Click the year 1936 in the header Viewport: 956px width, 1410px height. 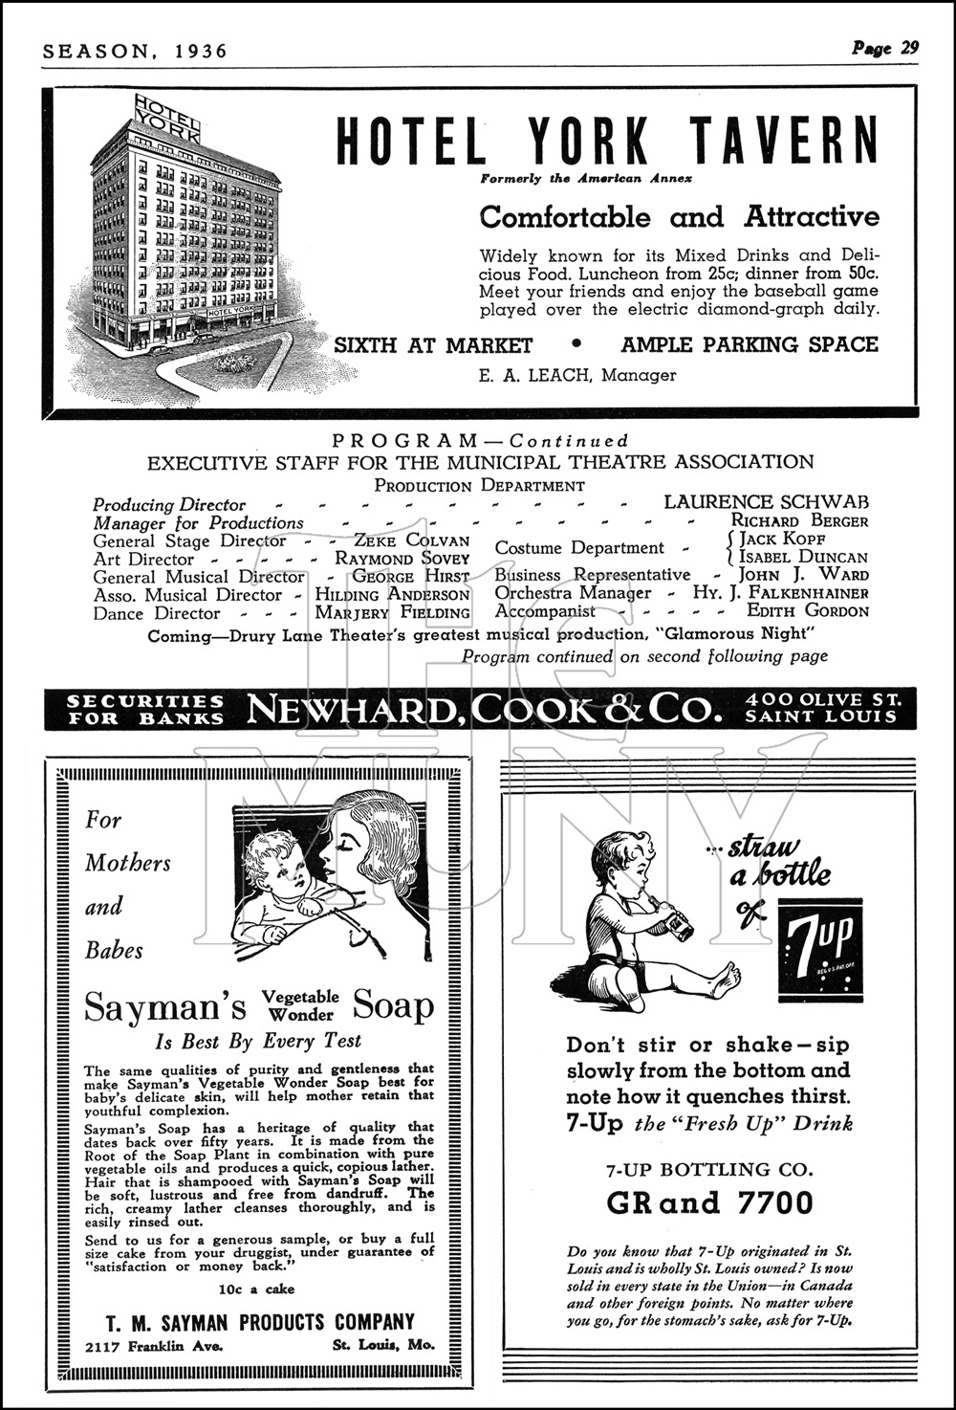click(x=202, y=51)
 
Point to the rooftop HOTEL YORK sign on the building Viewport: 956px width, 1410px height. click(x=167, y=117)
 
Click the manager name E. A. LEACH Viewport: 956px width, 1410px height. click(x=536, y=375)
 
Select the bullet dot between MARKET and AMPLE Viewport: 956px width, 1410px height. click(x=576, y=344)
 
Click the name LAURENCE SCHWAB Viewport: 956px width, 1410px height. click(x=767, y=501)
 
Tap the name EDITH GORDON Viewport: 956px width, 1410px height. click(x=808, y=610)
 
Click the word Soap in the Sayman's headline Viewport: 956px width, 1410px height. click(x=393, y=1005)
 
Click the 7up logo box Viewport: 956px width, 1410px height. click(x=820, y=950)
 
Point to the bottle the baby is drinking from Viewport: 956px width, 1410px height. click(x=678, y=923)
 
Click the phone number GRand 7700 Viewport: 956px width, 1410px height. click(x=708, y=1202)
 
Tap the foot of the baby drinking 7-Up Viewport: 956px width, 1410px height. click(x=728, y=979)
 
